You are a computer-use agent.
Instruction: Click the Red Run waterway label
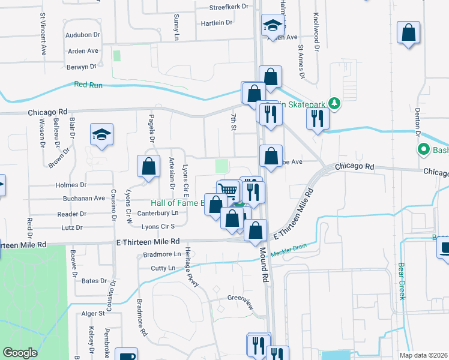88,85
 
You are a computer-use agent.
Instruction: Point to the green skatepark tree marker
335,104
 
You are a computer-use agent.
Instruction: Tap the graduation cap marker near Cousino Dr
101,136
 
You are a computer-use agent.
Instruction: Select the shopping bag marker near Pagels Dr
148,166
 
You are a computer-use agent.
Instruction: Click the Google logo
20,352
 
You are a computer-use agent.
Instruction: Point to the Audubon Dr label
83,35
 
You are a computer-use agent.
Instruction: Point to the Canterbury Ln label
158,212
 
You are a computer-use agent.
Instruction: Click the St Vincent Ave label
43,35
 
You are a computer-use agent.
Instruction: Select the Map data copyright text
423,355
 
